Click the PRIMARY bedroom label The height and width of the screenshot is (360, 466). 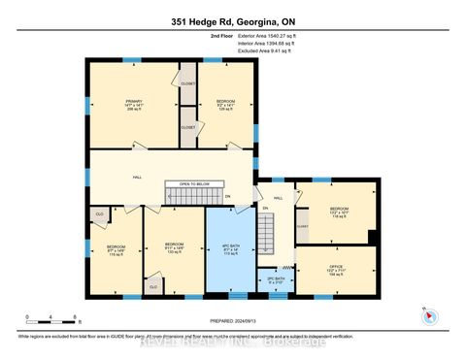(133, 106)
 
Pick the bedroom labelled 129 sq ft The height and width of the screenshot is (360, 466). (225, 106)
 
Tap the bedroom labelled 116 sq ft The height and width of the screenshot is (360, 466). (338, 213)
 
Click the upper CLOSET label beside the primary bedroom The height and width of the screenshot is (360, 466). (187, 83)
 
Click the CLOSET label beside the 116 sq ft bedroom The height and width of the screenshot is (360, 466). (302, 226)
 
